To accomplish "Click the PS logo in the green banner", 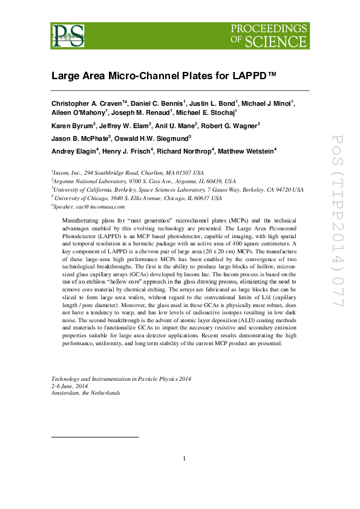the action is click(67, 36).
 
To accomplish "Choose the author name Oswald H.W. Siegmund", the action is click(159, 138).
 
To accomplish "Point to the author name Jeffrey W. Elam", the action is click(123, 125).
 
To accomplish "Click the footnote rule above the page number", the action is click(95, 436).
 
